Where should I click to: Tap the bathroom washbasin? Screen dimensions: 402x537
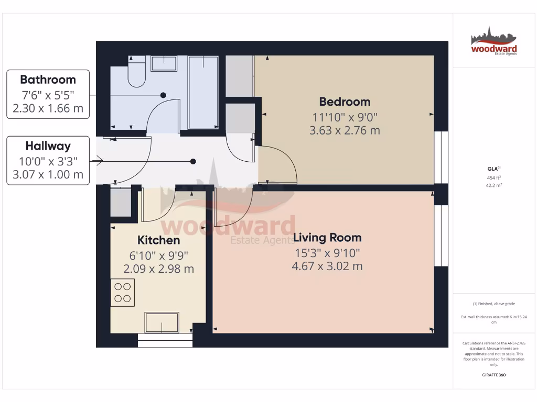(165, 63)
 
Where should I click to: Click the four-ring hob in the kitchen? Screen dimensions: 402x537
(123, 292)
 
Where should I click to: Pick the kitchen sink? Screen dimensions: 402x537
(162, 322)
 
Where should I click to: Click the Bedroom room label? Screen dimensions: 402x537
(345, 102)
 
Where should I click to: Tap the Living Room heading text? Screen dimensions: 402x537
(327, 238)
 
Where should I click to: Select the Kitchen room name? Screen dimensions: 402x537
(158, 240)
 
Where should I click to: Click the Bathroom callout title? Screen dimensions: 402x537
(48, 80)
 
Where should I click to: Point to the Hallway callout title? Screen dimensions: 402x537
(48, 146)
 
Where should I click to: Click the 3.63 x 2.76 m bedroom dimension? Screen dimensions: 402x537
(345, 130)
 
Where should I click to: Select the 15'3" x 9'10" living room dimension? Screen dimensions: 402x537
(327, 253)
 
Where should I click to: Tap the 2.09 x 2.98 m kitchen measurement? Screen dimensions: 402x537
(158, 269)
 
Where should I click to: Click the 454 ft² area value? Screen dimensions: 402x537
(492, 177)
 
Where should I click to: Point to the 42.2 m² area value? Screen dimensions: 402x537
(492, 185)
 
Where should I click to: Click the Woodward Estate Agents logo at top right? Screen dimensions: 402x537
(493, 41)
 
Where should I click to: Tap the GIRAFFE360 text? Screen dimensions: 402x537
(493, 375)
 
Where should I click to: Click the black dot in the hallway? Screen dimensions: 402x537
(194, 161)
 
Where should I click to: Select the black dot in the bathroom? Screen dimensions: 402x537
(163, 95)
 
